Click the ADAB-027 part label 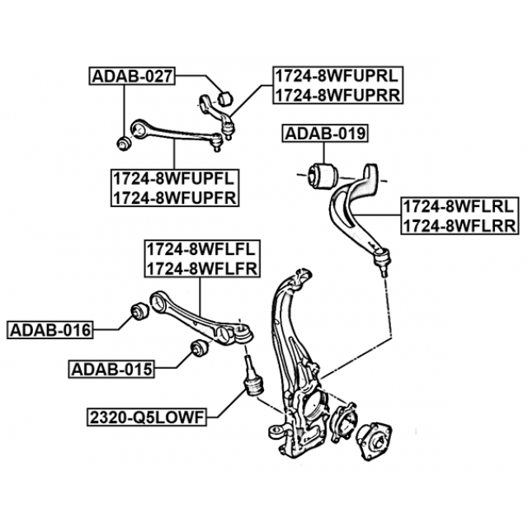(132, 78)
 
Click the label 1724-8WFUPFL (175, 178)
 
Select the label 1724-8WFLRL (459, 207)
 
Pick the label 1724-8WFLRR (459, 225)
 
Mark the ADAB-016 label (50, 331)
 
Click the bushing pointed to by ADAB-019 (322, 173)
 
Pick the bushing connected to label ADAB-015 (197, 349)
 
